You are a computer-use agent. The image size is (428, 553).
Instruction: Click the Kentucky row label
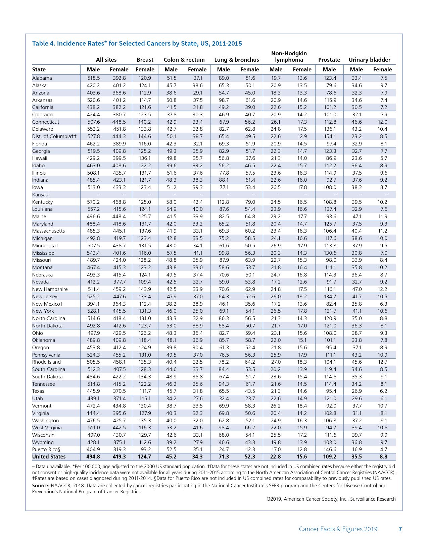tap(42, 202)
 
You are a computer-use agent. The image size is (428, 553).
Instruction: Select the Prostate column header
tap(329, 60)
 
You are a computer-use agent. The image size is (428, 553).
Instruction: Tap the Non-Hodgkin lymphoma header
tap(289, 57)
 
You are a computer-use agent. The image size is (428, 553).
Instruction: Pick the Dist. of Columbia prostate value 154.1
tap(330, 136)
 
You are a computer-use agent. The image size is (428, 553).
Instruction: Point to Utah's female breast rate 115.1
tap(145, 398)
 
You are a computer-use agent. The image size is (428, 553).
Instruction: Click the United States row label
tap(49, 457)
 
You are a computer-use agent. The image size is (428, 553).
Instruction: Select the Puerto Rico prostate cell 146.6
tap(330, 449)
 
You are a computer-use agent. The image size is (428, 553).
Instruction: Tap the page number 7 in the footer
tap(400, 529)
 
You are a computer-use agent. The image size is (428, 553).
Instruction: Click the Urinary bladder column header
tap(369, 60)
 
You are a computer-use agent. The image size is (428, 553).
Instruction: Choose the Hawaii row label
tap(40, 158)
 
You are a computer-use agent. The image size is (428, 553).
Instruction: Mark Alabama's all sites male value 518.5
tap(93, 78)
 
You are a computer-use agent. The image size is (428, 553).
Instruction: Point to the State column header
tap(39, 69)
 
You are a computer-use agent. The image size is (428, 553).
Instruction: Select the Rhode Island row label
tap(46, 362)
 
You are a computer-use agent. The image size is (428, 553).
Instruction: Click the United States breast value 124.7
tap(145, 457)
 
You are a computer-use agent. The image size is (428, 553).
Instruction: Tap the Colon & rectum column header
tap(184, 60)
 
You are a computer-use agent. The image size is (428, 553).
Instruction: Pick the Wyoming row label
tap(43, 442)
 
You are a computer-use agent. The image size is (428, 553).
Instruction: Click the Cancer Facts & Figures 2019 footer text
tap(338, 529)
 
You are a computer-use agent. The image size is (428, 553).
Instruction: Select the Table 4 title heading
tap(137, 43)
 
